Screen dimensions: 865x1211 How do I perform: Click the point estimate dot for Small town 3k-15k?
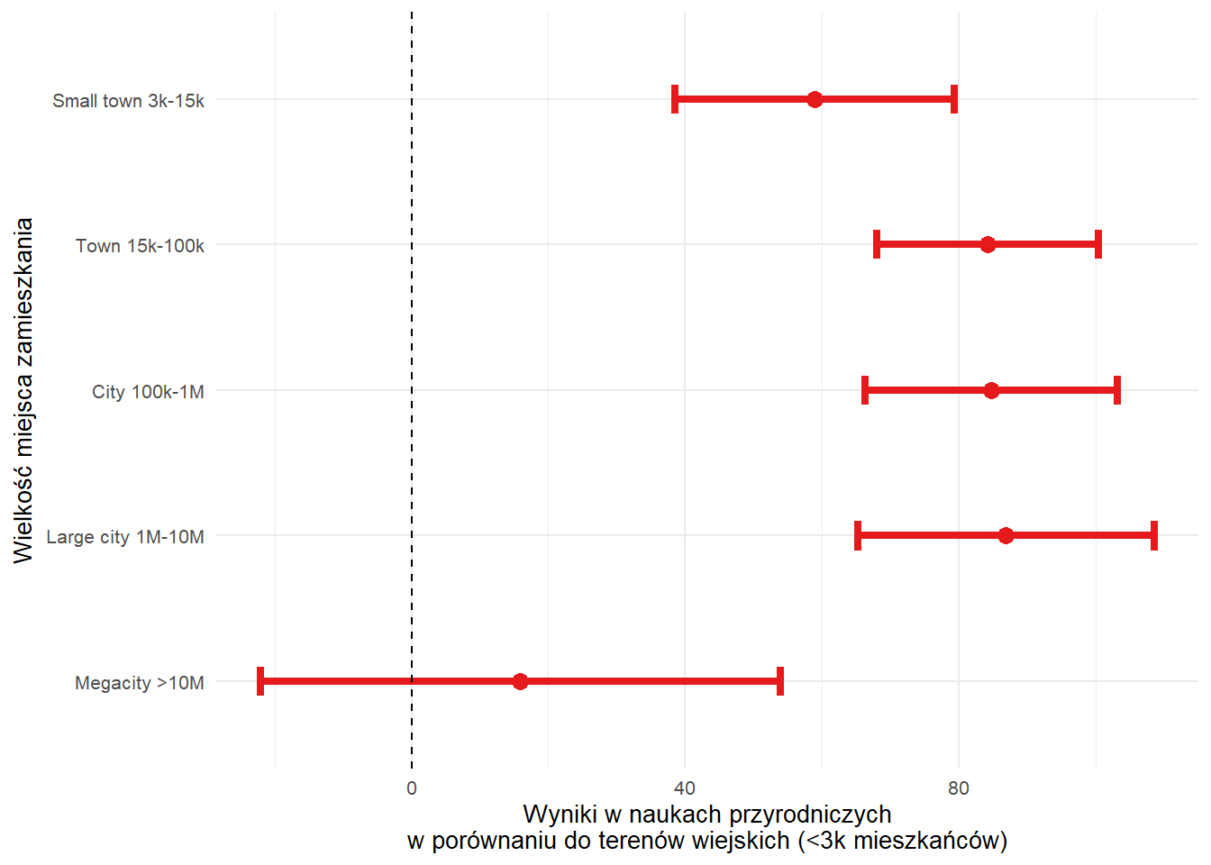pyautogui.click(x=815, y=99)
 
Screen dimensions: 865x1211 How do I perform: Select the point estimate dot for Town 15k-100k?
pyautogui.click(x=988, y=244)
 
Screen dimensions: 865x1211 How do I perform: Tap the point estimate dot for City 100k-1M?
pyautogui.click(x=991, y=390)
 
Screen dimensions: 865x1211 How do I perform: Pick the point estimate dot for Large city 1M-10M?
pyautogui.click(x=1006, y=535)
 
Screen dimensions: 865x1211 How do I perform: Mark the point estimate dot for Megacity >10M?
pyautogui.click(x=520, y=681)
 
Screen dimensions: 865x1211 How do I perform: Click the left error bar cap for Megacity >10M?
pyautogui.click(x=260, y=681)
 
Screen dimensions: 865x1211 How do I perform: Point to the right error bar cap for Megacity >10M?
pyautogui.click(x=779, y=681)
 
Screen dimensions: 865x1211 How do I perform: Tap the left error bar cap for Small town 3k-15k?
pyautogui.click(x=675, y=99)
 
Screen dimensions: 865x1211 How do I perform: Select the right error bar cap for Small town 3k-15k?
pyautogui.click(x=954, y=99)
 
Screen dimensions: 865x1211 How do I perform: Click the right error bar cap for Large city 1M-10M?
pyautogui.click(x=1154, y=535)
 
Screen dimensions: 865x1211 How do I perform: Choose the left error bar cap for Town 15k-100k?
pyautogui.click(x=877, y=244)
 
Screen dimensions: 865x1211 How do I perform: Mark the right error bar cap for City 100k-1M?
pyautogui.click(x=1117, y=390)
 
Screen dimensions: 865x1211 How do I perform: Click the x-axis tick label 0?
pyautogui.click(x=412, y=788)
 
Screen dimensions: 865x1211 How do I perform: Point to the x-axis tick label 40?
pyautogui.click(x=685, y=788)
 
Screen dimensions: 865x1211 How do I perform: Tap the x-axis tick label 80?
pyautogui.click(x=958, y=788)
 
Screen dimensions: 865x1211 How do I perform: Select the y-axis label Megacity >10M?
pyautogui.click(x=140, y=683)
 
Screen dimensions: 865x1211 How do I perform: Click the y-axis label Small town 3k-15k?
pyautogui.click(x=128, y=101)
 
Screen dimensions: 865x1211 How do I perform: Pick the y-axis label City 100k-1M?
pyautogui.click(x=148, y=392)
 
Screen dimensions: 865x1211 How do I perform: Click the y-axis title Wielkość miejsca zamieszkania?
pyautogui.click(x=23, y=390)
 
